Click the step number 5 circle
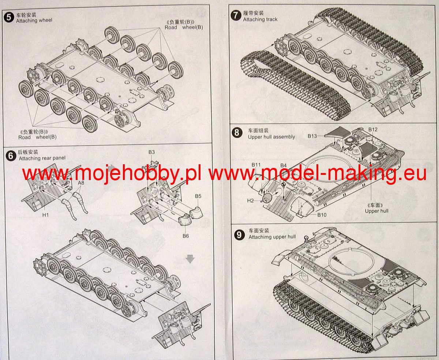pos(9,18)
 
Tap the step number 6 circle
pos(11,156)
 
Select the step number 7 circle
pos(236,16)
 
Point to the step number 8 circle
pos(237,133)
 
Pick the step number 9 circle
pos(239,235)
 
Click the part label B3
pos(151,152)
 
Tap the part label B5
pos(198,196)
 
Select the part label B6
pos(186,236)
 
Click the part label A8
pos(81,183)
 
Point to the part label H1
pos(45,215)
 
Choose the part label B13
pos(312,136)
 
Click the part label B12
pos(373,130)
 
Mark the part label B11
pos(256,165)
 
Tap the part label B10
pos(322,215)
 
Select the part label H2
pos(250,200)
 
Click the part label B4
pos(284,165)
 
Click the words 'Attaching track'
pos(260,19)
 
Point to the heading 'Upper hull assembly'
pos(271,137)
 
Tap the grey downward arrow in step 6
pos(190,259)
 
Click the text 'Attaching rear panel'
pos(42,158)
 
